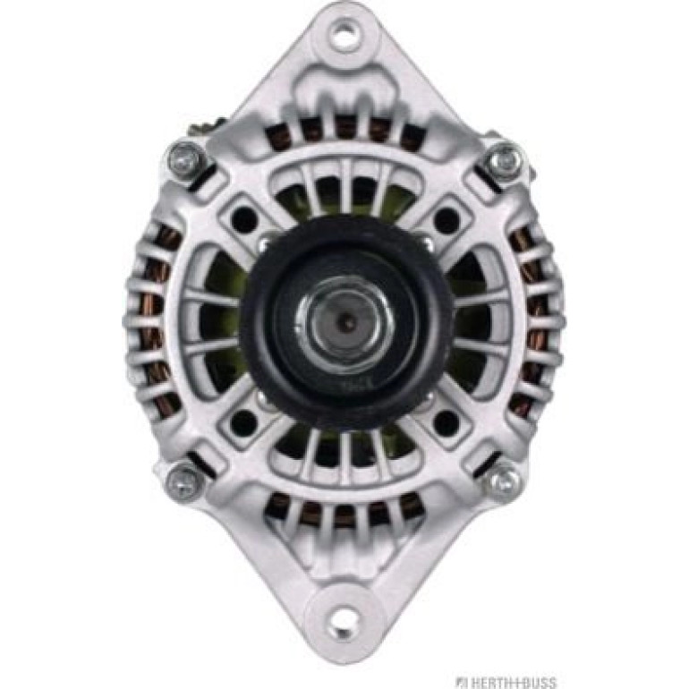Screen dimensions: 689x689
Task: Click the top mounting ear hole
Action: click(x=344, y=33)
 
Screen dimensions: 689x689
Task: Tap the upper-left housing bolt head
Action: click(x=187, y=160)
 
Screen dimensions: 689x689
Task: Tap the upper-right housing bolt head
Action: click(x=505, y=160)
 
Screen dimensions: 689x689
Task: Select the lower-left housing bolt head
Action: click(x=186, y=478)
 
